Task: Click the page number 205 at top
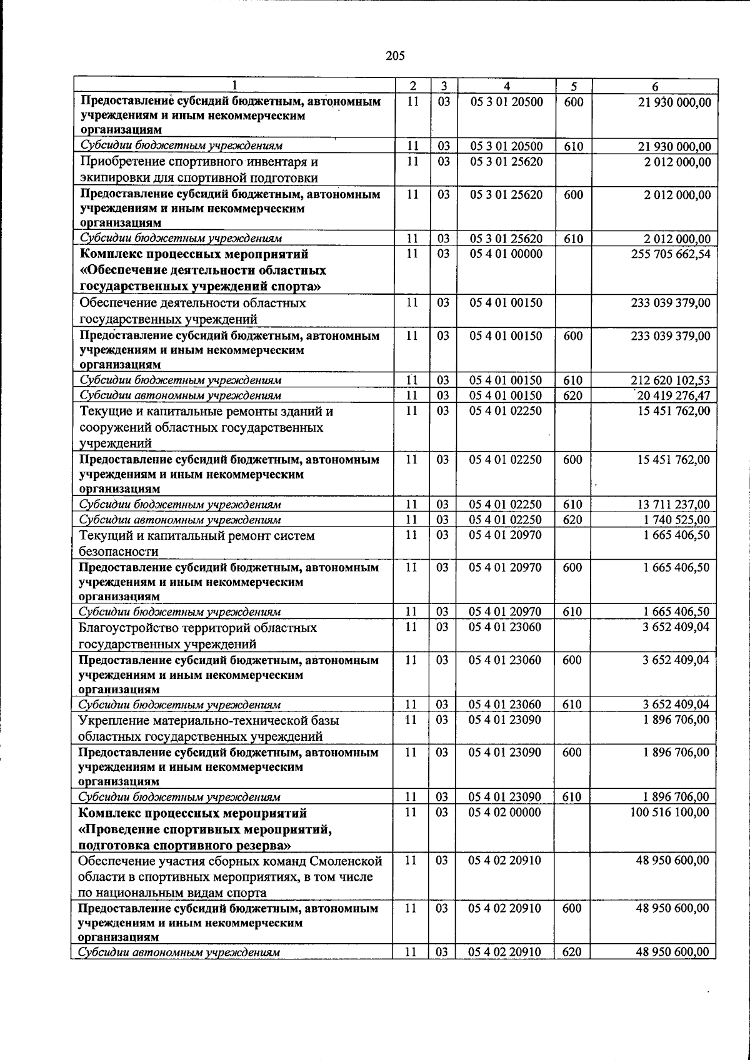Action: tap(396, 56)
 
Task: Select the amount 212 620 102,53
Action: tap(671, 380)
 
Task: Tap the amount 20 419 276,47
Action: tap(673, 395)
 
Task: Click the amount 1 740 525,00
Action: tap(676, 520)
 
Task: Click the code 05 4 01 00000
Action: tap(506, 254)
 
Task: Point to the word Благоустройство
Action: tap(129, 628)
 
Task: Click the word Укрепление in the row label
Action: tap(109, 720)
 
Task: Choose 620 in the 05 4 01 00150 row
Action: tap(572, 395)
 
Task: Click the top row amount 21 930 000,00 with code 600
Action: tap(674, 102)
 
